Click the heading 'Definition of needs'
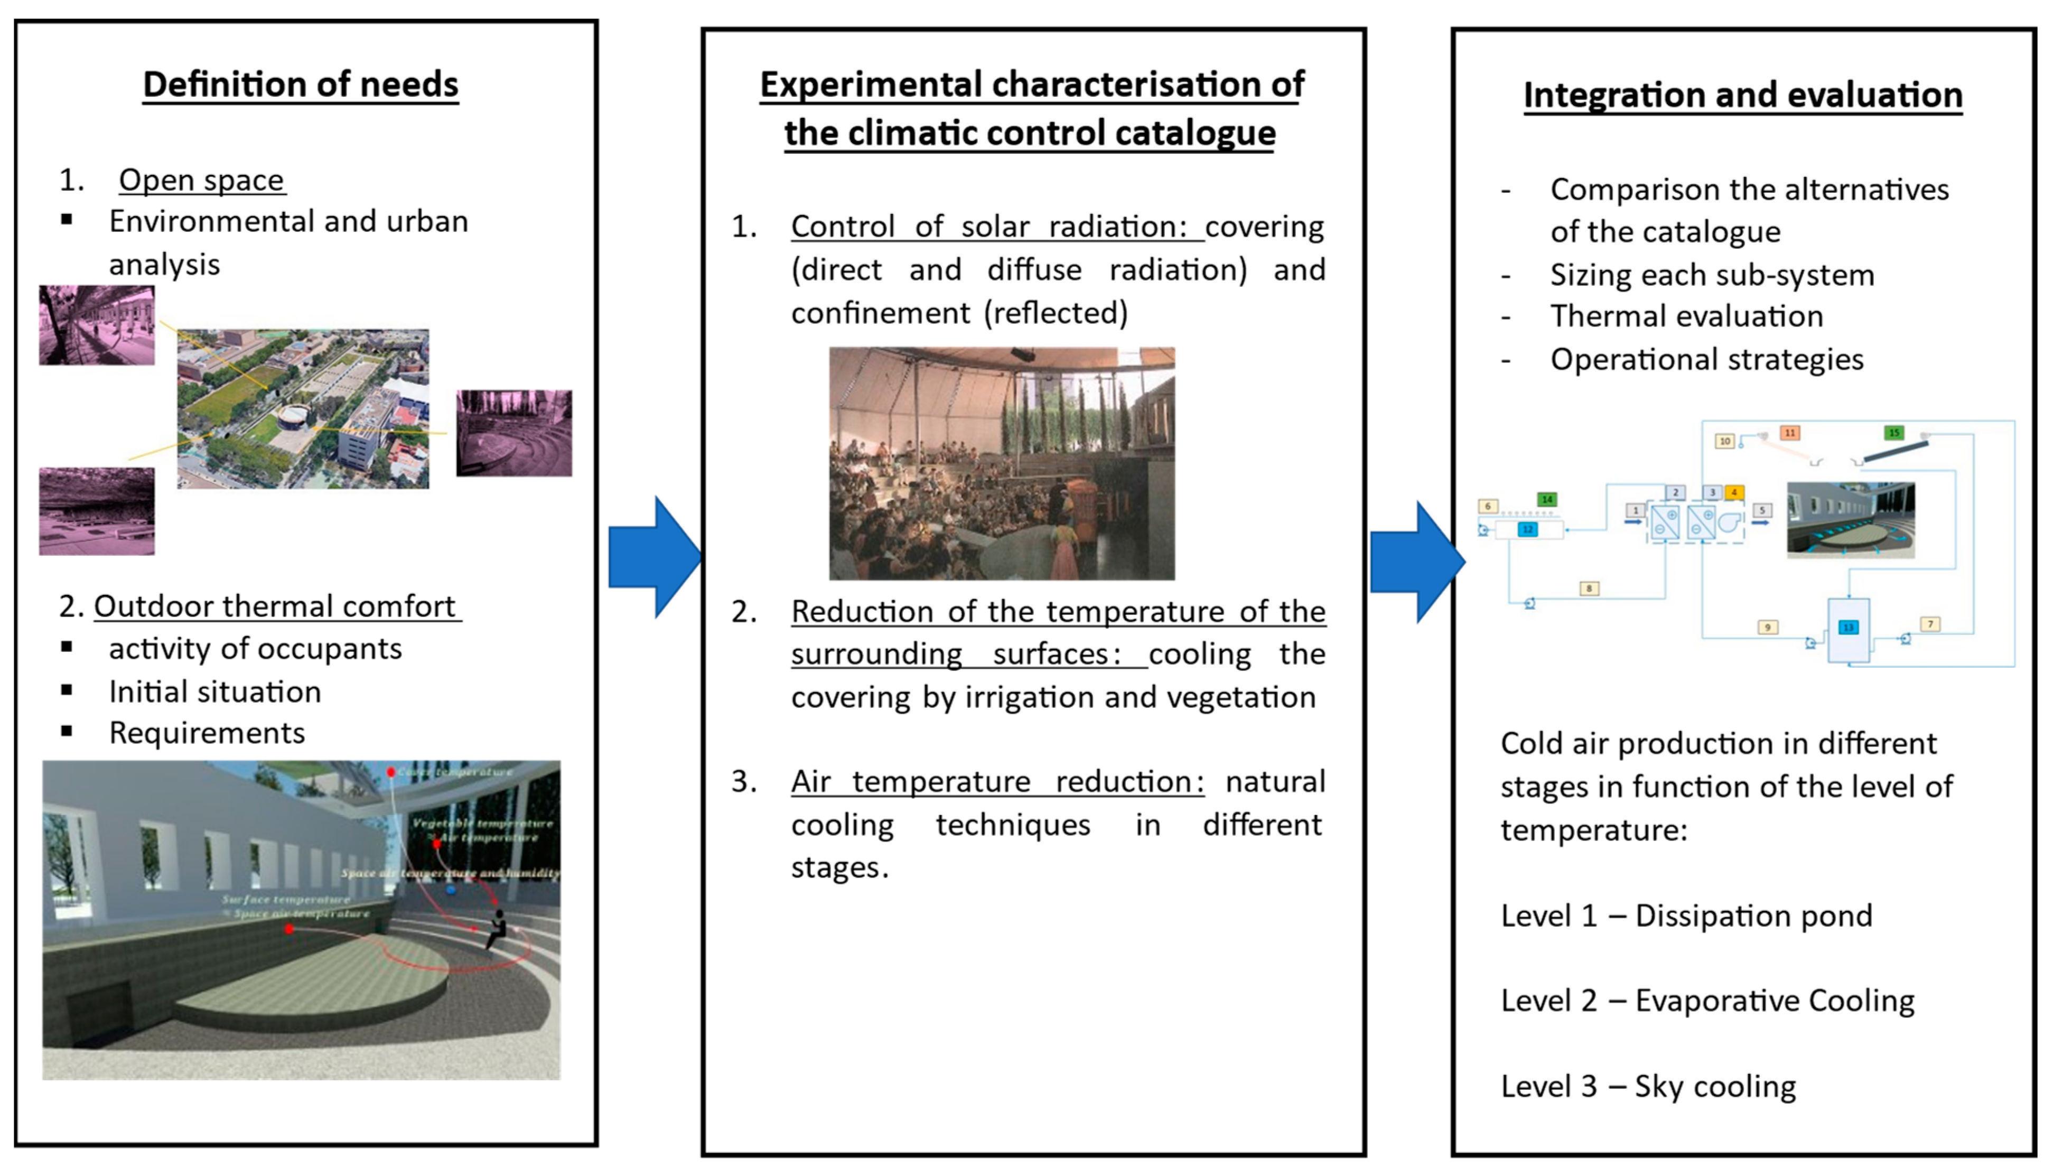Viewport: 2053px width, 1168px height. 300,84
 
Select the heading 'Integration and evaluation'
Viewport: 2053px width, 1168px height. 1742,95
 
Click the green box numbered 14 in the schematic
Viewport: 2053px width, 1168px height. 1547,499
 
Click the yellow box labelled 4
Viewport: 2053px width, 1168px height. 1734,492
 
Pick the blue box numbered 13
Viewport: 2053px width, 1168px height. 1849,628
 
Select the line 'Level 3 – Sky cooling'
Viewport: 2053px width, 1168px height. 1648,1086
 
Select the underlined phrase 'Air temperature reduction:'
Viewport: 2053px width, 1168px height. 997,781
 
